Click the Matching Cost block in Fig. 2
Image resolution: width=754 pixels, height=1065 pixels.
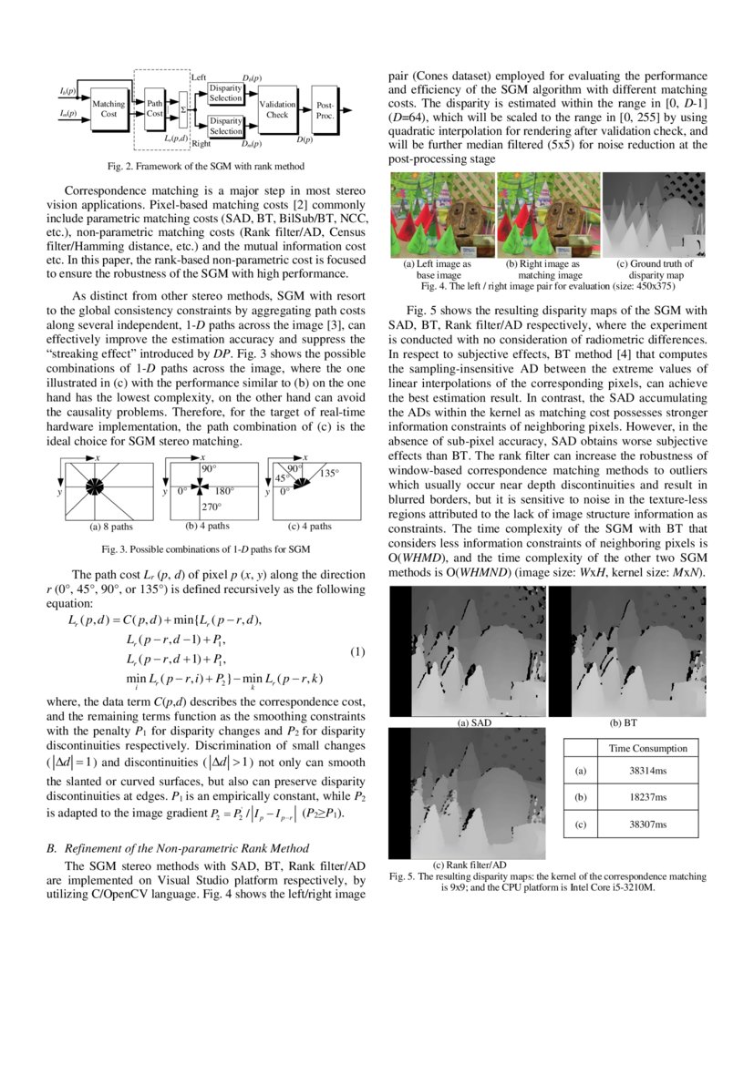tap(108, 109)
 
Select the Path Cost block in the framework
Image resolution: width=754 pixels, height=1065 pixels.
tap(155, 109)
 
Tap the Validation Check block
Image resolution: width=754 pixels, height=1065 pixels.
tap(277, 109)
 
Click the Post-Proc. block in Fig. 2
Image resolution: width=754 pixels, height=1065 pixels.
tap(325, 109)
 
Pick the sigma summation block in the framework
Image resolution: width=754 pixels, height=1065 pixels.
tap(183, 109)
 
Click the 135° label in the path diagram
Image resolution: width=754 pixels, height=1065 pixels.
tap(328, 473)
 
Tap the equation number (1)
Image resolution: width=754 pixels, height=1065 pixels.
tap(357, 651)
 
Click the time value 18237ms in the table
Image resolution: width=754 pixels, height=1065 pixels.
tap(648, 796)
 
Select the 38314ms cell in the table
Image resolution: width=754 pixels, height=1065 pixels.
tap(648, 770)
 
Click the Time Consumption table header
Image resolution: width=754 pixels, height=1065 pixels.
tap(648, 748)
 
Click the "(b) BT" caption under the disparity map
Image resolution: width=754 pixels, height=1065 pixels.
tap(625, 722)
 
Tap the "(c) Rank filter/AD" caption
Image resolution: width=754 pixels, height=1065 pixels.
tap(469, 863)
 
